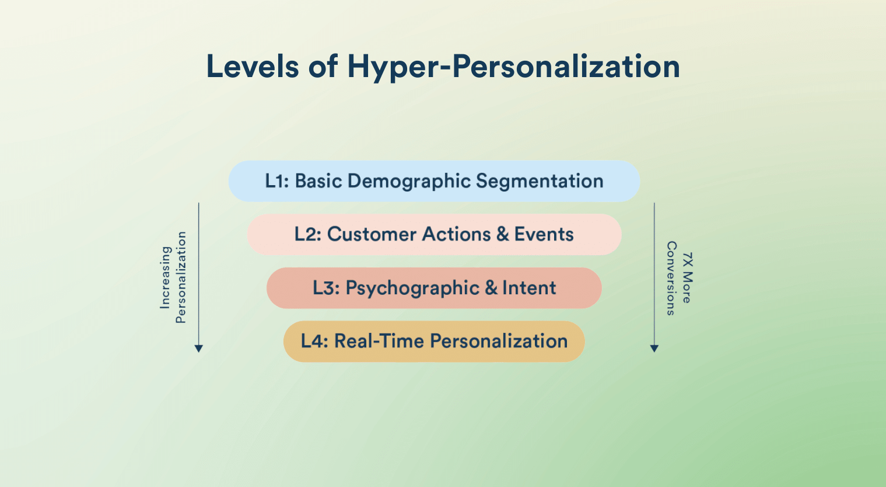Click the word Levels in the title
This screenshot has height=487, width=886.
coord(253,66)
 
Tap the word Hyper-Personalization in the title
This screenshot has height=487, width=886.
coord(513,67)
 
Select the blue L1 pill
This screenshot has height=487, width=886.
coord(434,181)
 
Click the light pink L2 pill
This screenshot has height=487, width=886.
coord(435,234)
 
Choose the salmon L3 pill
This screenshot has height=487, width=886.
coord(434,288)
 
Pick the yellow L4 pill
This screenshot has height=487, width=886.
coord(434,341)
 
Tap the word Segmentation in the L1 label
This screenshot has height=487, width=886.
coord(540,182)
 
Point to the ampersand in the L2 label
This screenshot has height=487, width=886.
coord(502,234)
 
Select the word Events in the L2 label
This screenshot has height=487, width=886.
coord(544,234)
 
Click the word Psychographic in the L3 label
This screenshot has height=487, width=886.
coord(412,288)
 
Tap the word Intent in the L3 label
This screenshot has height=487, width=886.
coord(529,288)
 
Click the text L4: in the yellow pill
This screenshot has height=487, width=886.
coord(315,341)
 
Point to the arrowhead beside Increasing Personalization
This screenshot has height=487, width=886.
coord(198,349)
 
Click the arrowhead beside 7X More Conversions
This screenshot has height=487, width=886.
coord(654,349)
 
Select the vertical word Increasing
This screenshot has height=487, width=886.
coord(165,277)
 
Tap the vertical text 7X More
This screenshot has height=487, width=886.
coord(688,277)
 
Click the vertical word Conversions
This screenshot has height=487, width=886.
coord(671,279)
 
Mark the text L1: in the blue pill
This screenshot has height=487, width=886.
coord(277,181)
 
